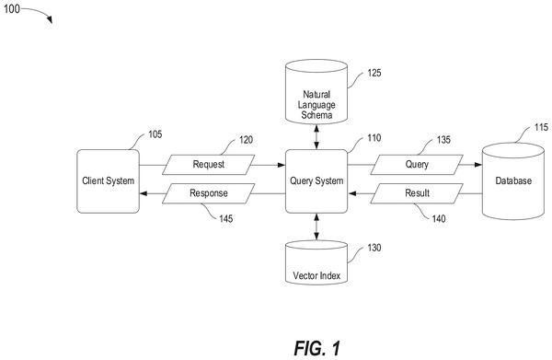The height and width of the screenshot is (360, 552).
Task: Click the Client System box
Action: (108, 181)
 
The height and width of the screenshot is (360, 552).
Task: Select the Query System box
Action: (316, 181)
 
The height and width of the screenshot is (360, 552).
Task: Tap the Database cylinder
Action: (513, 181)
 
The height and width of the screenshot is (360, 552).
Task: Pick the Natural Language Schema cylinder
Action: (316, 92)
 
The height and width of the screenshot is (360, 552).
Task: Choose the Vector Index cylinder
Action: (316, 262)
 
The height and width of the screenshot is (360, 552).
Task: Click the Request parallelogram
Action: (209, 165)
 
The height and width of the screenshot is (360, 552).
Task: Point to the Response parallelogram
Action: (209, 193)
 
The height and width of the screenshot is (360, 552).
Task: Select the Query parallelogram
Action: (417, 165)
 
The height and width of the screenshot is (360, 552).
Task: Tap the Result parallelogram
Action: (417, 193)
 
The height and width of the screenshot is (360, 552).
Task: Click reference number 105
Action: (155, 134)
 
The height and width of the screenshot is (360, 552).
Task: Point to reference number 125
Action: (374, 73)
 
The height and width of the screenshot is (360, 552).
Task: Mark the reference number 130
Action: (374, 248)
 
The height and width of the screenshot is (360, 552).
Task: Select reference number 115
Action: (541, 127)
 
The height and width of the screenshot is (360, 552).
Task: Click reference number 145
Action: (226, 219)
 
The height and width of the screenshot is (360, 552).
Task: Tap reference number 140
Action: (439, 219)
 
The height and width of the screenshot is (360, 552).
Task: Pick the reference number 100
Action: (12, 9)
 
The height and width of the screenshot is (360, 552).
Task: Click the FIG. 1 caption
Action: (317, 348)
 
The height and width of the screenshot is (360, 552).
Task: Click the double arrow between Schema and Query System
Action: (316, 137)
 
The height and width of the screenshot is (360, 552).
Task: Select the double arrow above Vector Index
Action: (316, 226)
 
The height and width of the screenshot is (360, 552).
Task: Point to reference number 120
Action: (246, 140)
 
